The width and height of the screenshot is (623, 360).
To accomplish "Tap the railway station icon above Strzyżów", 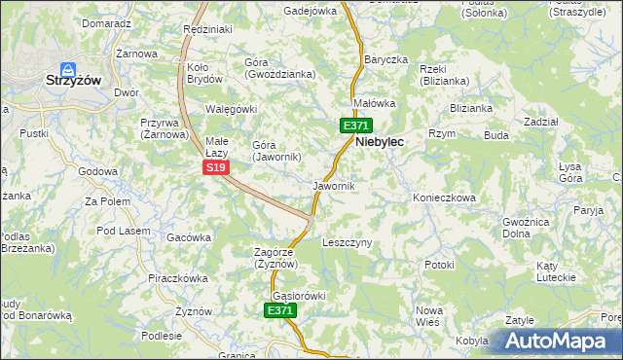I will [x=68, y=69].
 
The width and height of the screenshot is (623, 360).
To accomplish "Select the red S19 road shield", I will [x=216, y=167].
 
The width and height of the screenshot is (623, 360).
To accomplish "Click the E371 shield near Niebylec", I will [x=355, y=126].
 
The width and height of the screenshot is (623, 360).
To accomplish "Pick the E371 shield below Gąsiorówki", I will [x=280, y=310].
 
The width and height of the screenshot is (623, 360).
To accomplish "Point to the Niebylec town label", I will [x=381, y=141].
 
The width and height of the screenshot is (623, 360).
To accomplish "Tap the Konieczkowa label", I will [x=444, y=197].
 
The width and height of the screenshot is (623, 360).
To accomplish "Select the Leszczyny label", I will [x=347, y=242].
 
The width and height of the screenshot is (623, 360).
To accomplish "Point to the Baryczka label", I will [x=385, y=59].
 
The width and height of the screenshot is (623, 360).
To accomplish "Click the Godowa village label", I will [x=97, y=171].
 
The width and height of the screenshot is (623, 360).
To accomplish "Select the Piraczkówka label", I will [x=178, y=277].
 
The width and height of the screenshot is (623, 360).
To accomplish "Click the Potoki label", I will [x=439, y=264].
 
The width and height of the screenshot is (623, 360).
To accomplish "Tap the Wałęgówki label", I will [x=230, y=109].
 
